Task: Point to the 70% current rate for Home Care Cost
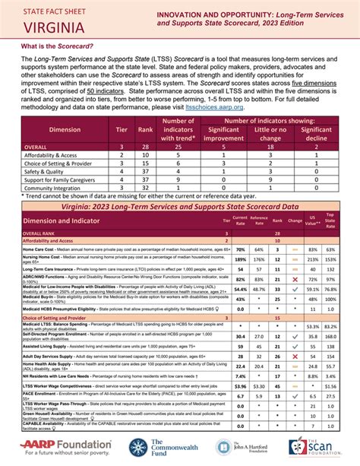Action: [x=240, y=249]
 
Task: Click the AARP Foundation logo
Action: [x=61, y=447]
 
